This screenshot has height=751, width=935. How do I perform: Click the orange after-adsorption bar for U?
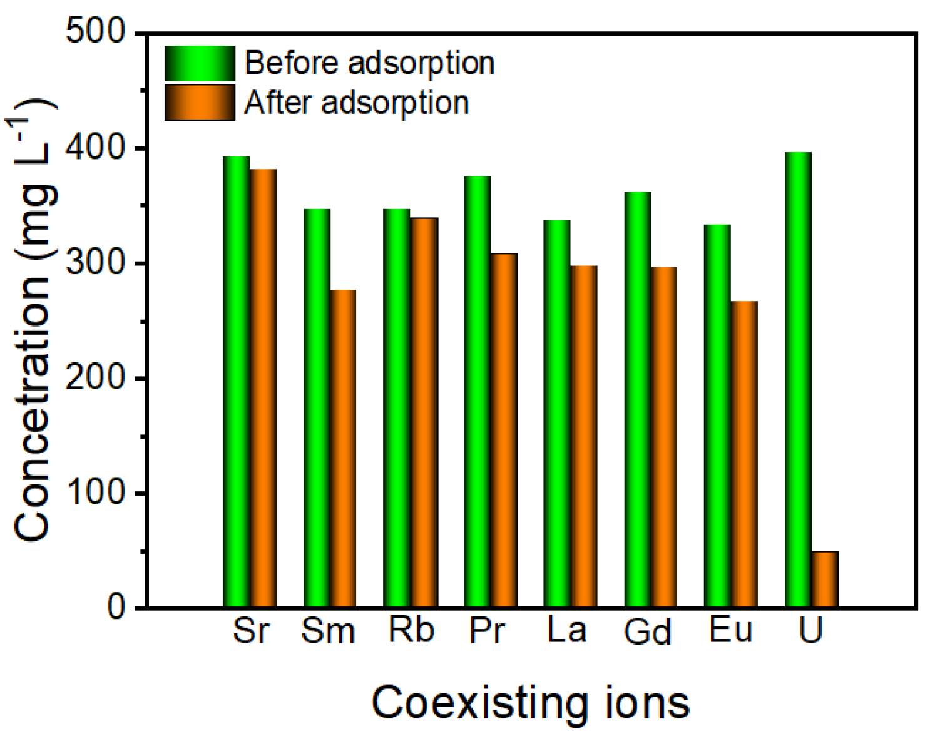click(824, 579)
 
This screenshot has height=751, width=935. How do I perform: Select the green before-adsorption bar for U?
click(798, 380)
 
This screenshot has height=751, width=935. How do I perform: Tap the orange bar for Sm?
click(343, 448)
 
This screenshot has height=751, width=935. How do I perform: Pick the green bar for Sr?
click(236, 382)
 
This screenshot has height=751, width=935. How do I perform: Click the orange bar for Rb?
click(424, 412)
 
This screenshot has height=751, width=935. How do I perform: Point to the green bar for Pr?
click(477, 392)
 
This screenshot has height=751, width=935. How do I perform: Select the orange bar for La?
click(584, 436)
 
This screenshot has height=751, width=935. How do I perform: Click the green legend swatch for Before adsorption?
click(200, 63)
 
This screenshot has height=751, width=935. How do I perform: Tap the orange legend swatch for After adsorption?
click(200, 103)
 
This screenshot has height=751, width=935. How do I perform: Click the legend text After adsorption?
click(357, 103)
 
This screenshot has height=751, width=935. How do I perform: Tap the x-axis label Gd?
click(647, 631)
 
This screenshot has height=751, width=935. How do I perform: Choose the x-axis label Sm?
click(328, 630)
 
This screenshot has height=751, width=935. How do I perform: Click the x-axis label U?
click(810, 630)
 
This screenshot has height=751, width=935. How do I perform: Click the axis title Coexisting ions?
click(530, 703)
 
